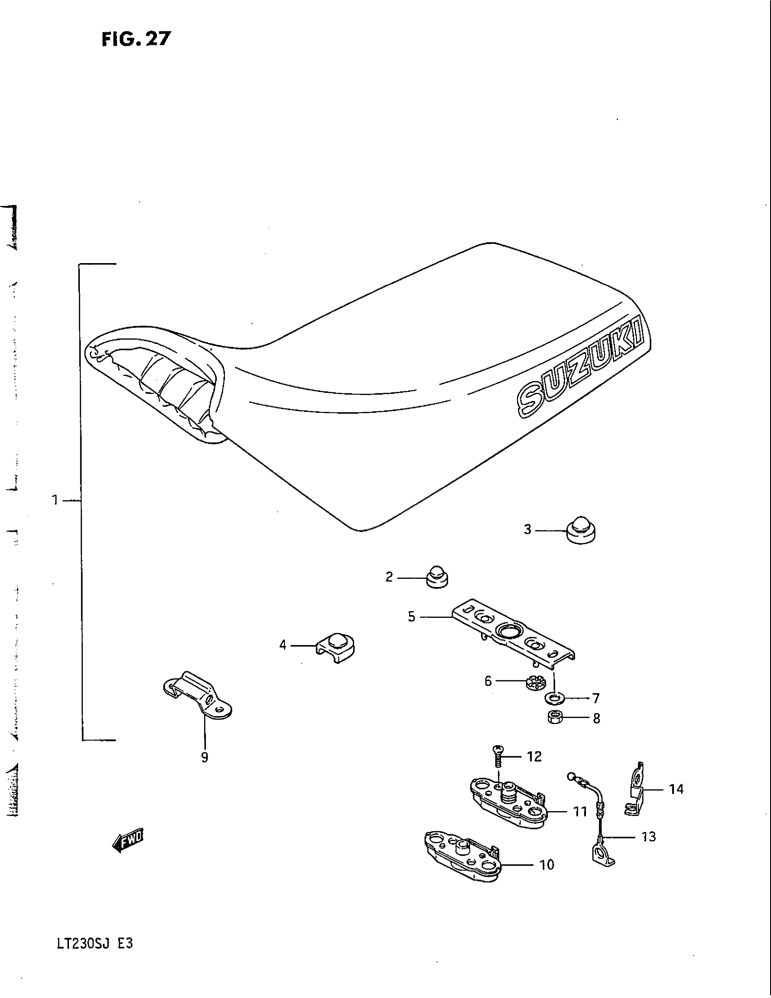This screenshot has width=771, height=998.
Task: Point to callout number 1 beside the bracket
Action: click(55, 501)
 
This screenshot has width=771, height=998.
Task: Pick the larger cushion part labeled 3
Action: click(581, 530)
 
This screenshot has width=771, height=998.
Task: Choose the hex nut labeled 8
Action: click(555, 718)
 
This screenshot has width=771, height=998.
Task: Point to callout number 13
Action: click(649, 837)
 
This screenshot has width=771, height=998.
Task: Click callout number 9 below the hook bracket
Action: click(205, 757)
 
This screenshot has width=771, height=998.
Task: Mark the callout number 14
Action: click(676, 789)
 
